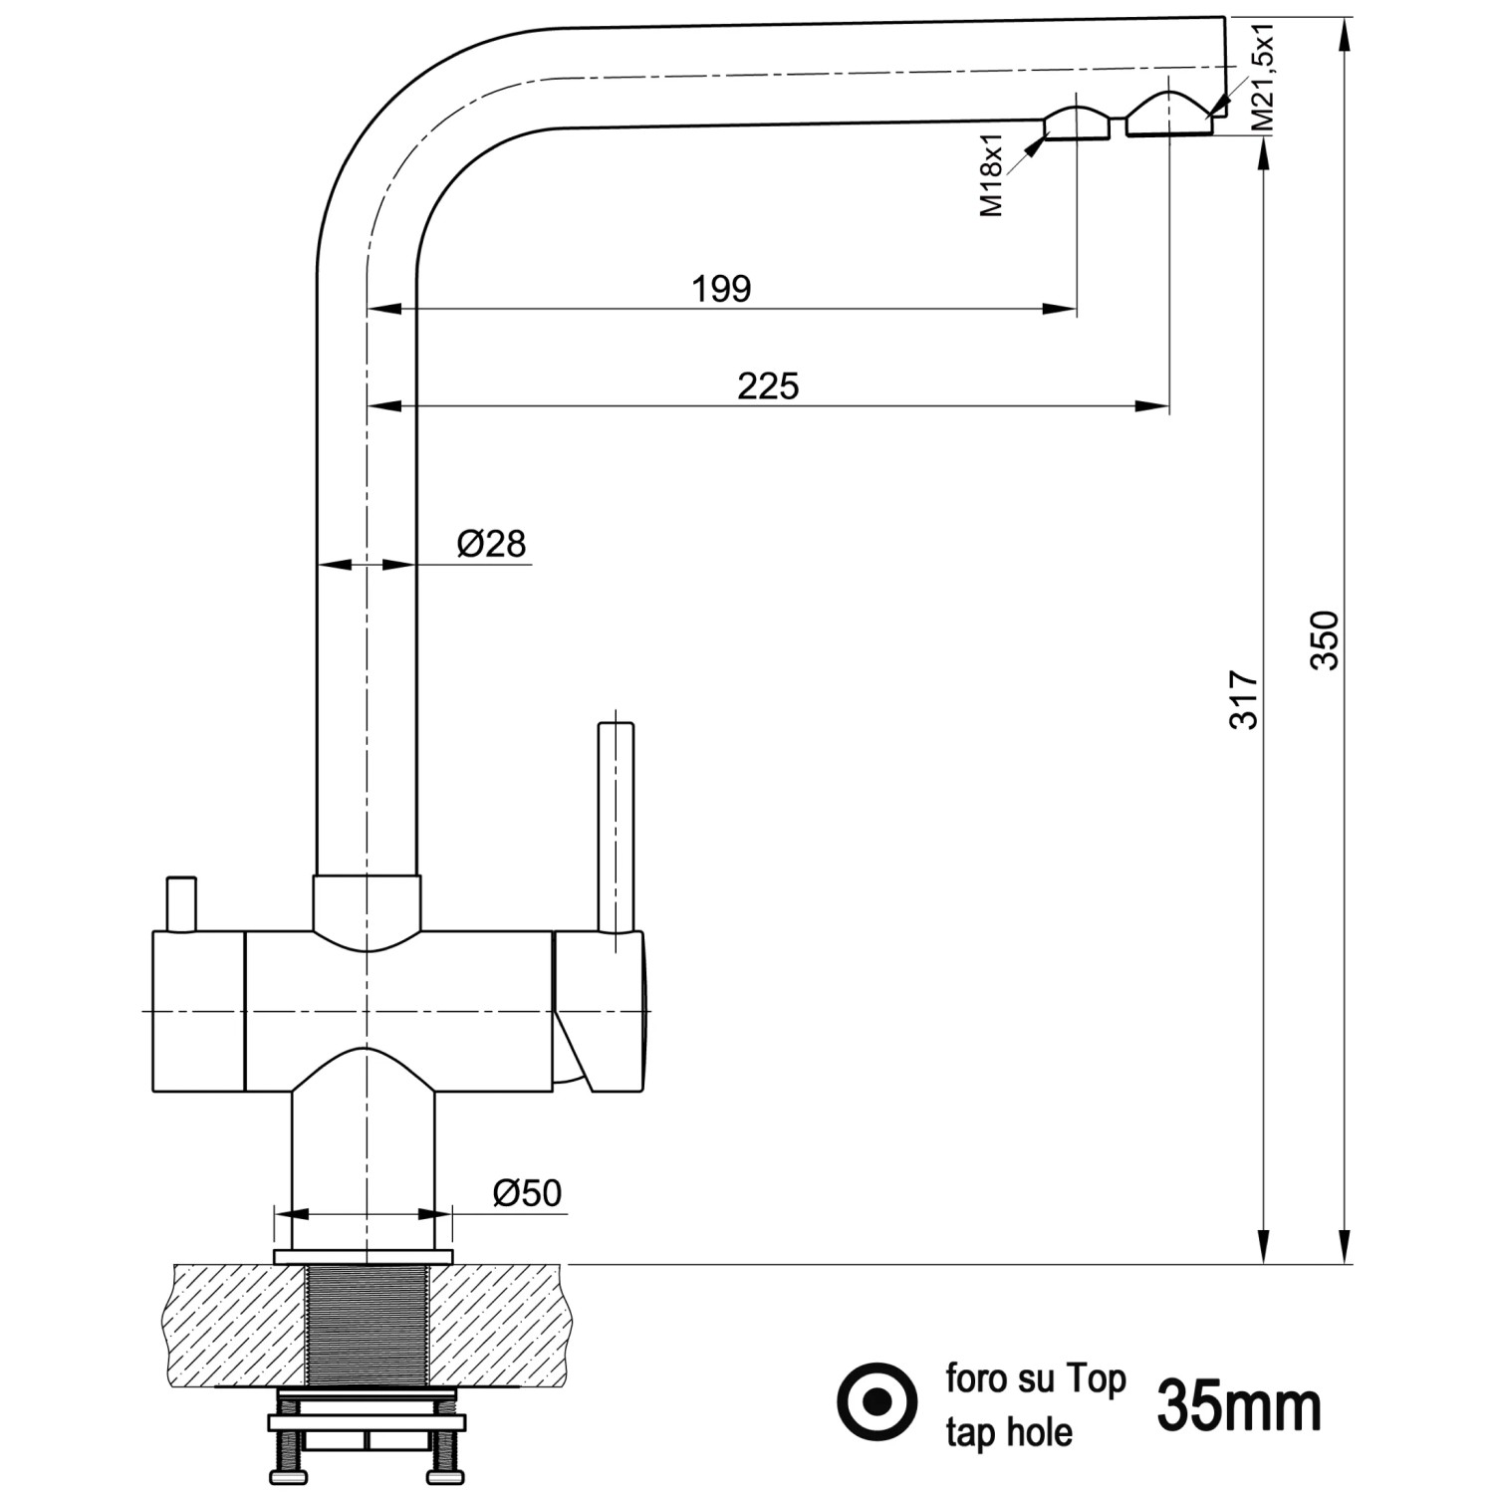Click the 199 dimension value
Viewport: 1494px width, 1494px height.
(721, 289)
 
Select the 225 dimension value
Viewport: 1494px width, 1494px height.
(768, 385)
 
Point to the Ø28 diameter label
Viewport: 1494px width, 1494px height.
(491, 544)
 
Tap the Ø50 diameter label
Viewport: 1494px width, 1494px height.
(527, 1192)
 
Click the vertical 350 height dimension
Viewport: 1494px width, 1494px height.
(1326, 639)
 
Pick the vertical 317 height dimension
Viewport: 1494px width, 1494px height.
(1245, 699)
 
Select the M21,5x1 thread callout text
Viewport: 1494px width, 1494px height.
(1262, 78)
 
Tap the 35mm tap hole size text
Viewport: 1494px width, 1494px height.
(1239, 1406)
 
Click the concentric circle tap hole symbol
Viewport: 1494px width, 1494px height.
(876, 1402)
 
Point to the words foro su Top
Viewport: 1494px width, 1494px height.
(1035, 1378)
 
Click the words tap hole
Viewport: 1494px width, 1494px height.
(1008, 1432)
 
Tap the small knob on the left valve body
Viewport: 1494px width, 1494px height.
(181, 904)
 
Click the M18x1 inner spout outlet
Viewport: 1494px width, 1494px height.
(1076, 125)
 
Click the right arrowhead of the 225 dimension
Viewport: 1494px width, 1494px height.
(1155, 405)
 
